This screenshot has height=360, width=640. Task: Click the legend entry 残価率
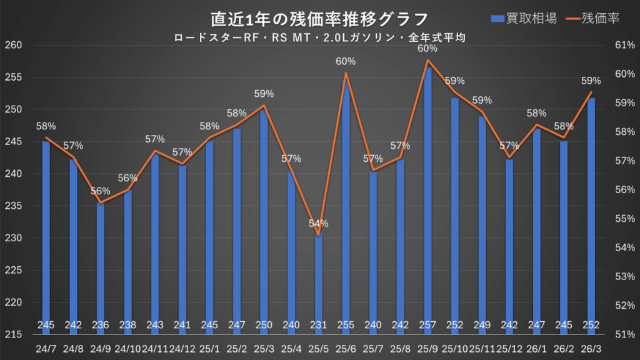[x=594, y=18]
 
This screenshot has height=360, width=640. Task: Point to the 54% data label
[x=319, y=223]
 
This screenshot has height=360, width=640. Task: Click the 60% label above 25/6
[x=346, y=61]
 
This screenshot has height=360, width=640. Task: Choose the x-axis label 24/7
[x=46, y=347]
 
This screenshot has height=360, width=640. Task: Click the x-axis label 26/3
[x=591, y=347]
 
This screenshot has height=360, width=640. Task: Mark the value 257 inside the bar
[x=427, y=325]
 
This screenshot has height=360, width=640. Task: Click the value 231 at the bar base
[x=319, y=325]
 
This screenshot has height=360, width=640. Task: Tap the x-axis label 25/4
[x=291, y=347]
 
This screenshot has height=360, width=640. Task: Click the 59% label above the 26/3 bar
[x=591, y=81]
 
